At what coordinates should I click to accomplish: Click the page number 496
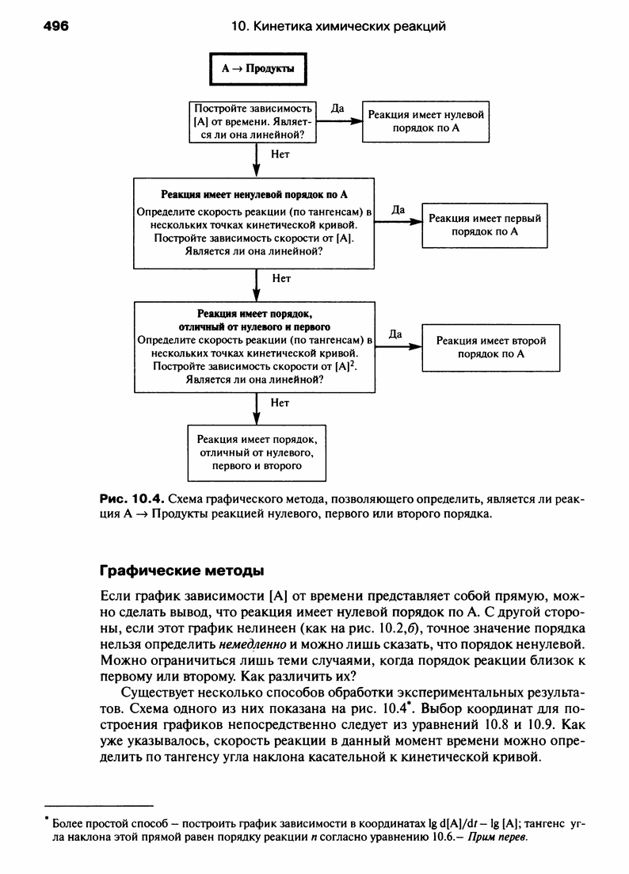[x=56, y=26]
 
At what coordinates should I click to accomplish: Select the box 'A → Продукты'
[x=258, y=69]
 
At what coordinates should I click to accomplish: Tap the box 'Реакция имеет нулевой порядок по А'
[x=425, y=121]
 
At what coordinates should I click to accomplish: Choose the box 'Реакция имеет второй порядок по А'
[x=491, y=347]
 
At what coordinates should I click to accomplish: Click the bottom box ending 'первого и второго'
[x=257, y=452]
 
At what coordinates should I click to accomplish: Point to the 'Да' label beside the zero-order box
[x=337, y=109]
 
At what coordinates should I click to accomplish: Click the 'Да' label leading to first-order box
[x=398, y=210]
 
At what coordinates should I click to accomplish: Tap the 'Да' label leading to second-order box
[x=396, y=334]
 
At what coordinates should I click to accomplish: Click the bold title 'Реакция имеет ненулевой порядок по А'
[x=254, y=194]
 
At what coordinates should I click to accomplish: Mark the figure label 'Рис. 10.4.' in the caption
[x=131, y=498]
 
